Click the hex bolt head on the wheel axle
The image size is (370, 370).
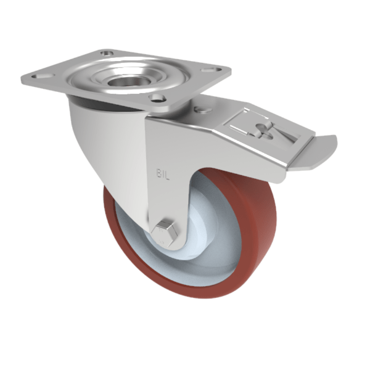click(x=166, y=231)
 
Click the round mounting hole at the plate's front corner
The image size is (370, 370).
click(x=157, y=97)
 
